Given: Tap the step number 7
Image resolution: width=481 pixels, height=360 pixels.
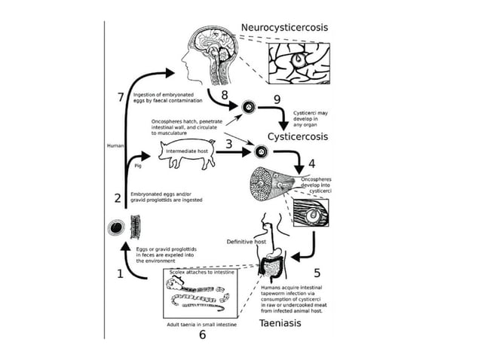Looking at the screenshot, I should pyautogui.click(x=121, y=97).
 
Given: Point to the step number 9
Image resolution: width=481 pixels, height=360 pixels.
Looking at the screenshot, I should pyautogui.click(x=277, y=99).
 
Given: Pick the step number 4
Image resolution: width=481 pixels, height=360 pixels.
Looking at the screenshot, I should pyautogui.click(x=311, y=162).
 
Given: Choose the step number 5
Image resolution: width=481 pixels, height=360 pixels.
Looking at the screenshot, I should pyautogui.click(x=317, y=273).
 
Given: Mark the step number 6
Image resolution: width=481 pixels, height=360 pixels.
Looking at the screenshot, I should pyautogui.click(x=202, y=335).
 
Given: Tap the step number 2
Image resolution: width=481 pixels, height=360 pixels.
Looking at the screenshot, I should pyautogui.click(x=118, y=199).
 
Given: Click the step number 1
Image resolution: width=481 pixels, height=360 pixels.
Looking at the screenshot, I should pyautogui.click(x=119, y=274).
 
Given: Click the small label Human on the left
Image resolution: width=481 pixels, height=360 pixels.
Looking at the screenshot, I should pyautogui.click(x=115, y=145).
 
